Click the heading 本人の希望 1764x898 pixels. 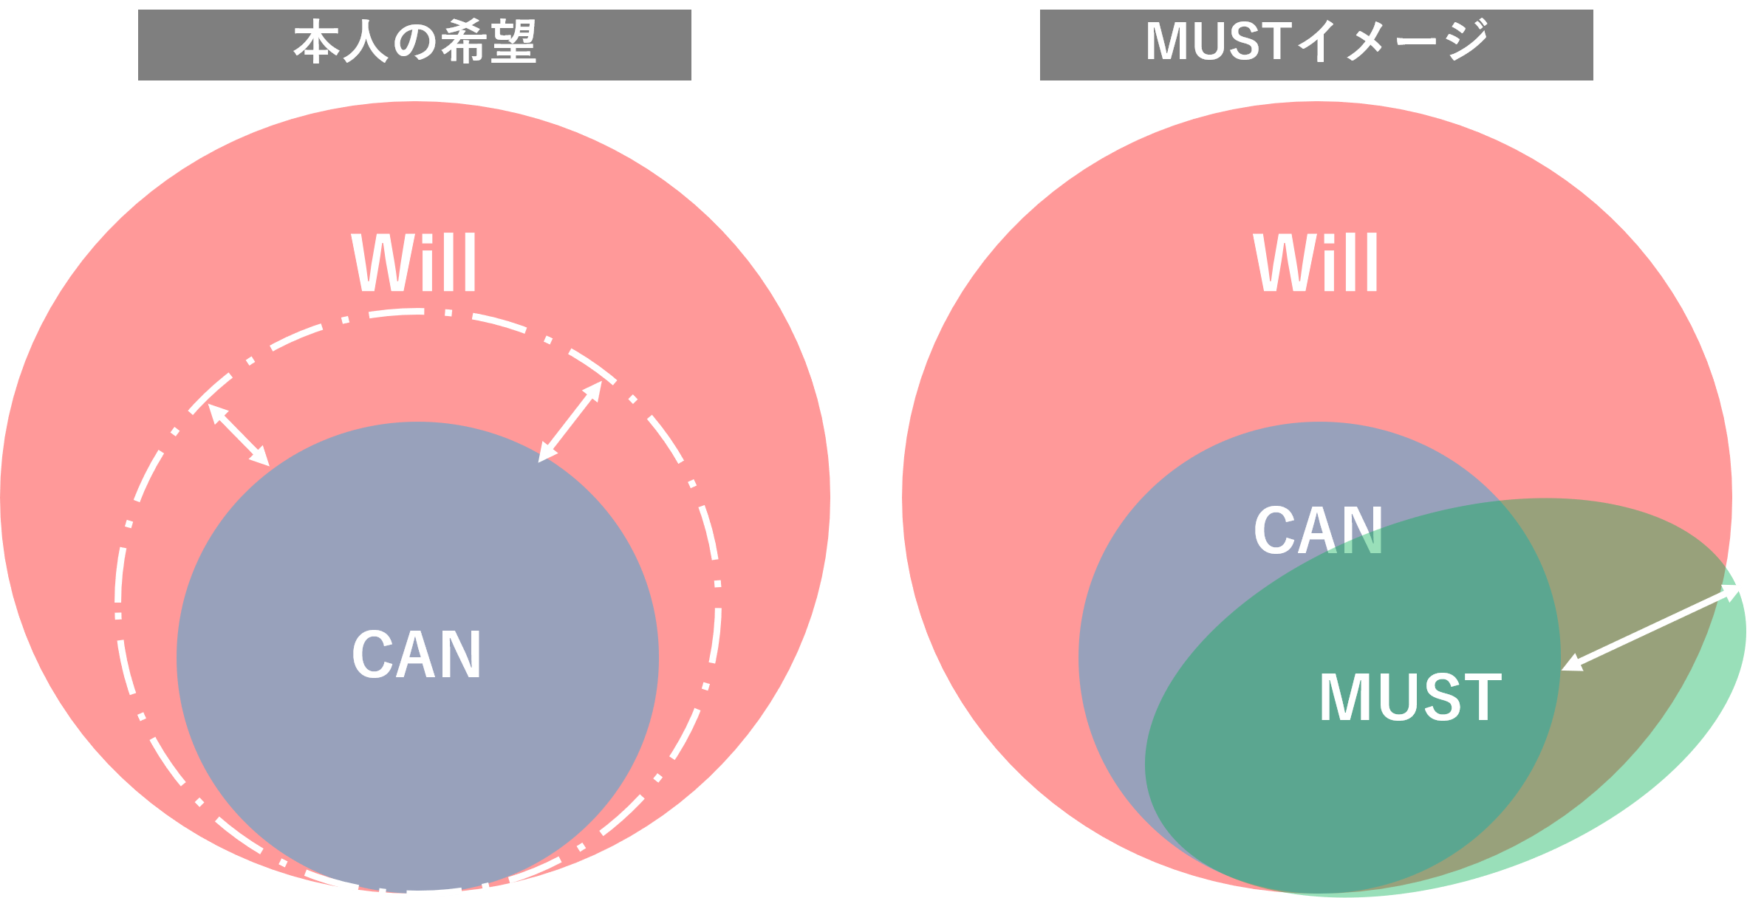(414, 43)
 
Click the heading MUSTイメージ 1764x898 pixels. (1316, 43)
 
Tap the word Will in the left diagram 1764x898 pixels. (414, 263)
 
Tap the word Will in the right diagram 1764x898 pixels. (1316, 263)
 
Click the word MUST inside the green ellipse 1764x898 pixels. (1410, 698)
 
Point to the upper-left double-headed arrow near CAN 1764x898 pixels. (239, 435)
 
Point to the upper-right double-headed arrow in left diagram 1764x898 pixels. (570, 422)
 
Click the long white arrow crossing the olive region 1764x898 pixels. (1652, 628)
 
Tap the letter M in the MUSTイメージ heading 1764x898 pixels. (1167, 42)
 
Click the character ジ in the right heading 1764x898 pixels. (1466, 41)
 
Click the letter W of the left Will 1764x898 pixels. (379, 264)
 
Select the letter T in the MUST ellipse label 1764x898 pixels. (1483, 698)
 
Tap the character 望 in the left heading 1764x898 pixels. (513, 43)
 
